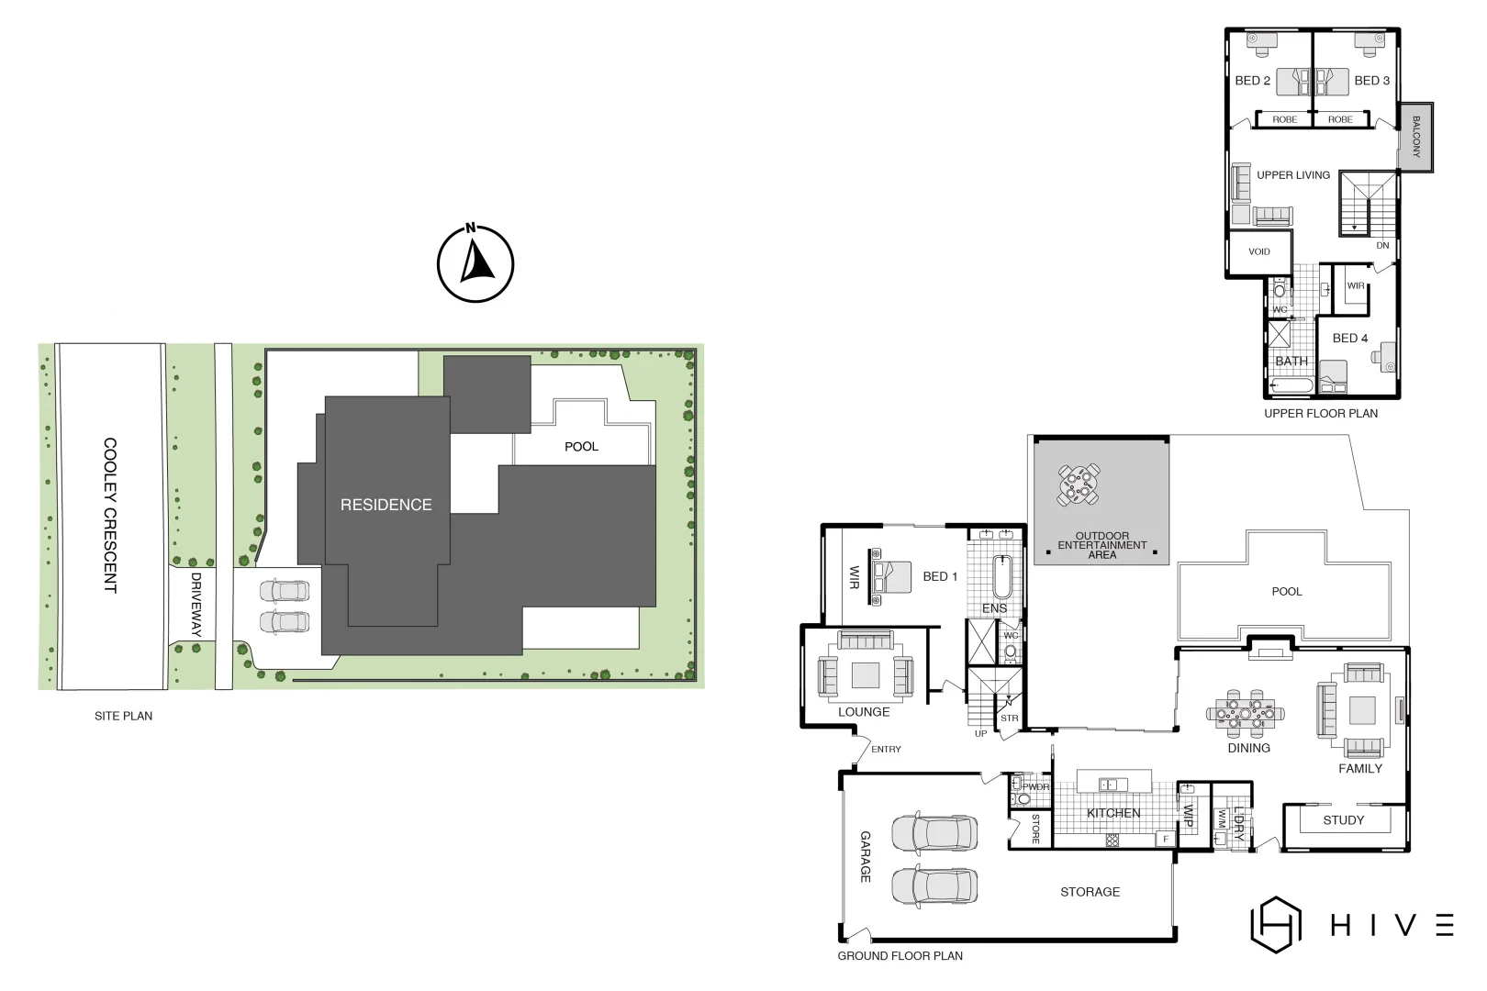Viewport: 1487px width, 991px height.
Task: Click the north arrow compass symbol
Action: tap(475, 264)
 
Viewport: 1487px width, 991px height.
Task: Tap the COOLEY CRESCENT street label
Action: tap(110, 515)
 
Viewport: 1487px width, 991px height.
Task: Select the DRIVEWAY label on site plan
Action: tap(196, 605)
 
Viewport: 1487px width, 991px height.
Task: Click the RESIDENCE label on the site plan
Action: tap(386, 505)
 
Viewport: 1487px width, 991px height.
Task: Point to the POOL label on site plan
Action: tap(581, 447)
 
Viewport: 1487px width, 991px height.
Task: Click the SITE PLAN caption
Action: tap(123, 716)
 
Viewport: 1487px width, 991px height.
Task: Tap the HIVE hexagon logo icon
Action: tap(1276, 924)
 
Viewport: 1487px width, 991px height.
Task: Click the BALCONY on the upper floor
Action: tap(1415, 137)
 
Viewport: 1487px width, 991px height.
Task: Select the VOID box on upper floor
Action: tap(1259, 251)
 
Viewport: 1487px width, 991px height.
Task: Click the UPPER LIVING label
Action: tap(1292, 175)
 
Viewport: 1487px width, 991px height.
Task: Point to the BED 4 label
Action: tap(1349, 339)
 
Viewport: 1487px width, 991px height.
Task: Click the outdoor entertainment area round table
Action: tap(1079, 485)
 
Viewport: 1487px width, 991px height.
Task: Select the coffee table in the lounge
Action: tap(865, 675)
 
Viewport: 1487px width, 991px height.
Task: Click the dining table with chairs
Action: tap(1245, 712)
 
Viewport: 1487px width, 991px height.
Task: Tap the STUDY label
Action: tap(1343, 820)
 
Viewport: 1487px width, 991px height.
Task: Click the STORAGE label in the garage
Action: tap(1090, 892)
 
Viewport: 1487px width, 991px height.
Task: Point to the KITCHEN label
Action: tap(1112, 813)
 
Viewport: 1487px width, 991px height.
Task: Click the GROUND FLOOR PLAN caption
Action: tap(900, 956)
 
